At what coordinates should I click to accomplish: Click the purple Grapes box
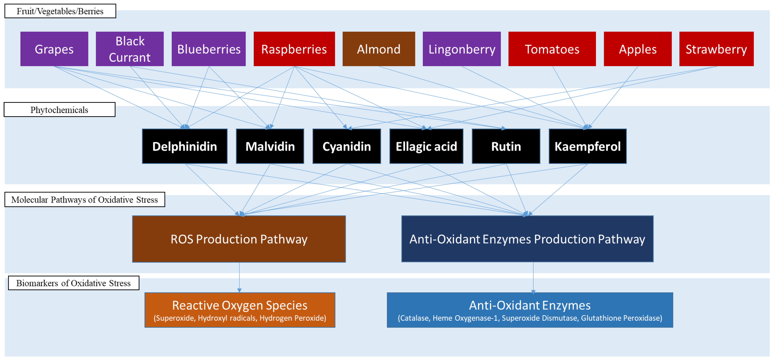[54, 49]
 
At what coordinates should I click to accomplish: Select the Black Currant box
[130, 49]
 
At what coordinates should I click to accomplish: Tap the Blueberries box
[208, 49]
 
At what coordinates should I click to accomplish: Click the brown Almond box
[379, 49]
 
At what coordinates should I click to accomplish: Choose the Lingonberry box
[461, 49]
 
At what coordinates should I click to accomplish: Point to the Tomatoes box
[552, 49]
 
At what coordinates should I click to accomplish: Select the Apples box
[638, 49]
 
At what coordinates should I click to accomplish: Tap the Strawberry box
[716, 49]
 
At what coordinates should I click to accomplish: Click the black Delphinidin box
[184, 146]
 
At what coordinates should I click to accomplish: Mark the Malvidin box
[270, 146]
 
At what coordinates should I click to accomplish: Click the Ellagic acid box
[426, 146]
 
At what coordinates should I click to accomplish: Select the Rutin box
[506, 146]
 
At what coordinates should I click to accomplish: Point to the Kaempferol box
[587, 146]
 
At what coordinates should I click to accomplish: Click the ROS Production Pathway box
[239, 239]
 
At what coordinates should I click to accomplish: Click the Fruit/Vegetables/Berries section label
[60, 11]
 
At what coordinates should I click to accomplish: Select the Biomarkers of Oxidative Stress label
[74, 283]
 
